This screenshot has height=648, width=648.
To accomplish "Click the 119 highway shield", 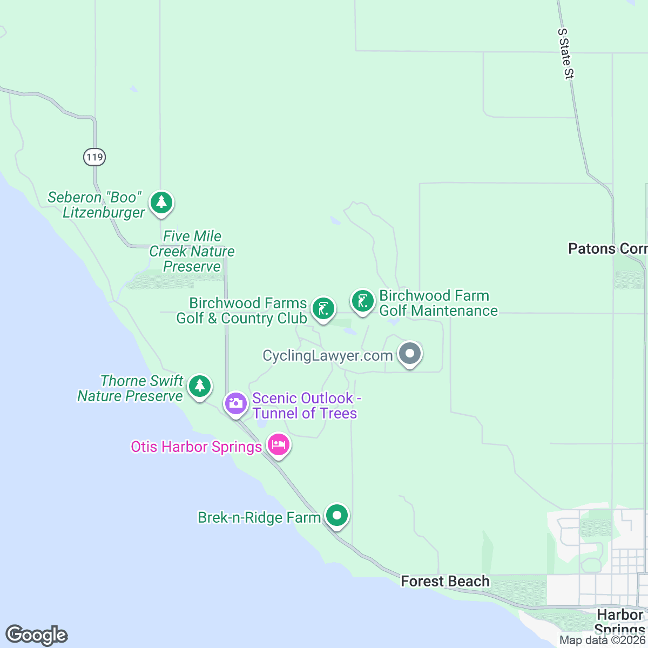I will click(94, 157).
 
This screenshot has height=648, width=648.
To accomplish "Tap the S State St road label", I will click(565, 54).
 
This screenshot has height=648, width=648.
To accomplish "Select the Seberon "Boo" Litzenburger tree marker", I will click(161, 203).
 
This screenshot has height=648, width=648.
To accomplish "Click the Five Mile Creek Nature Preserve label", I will click(192, 251).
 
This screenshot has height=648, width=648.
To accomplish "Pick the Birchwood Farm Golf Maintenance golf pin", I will click(363, 301).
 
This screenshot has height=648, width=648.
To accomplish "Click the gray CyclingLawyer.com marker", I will click(410, 354).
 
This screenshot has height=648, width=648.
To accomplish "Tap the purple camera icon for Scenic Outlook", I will click(236, 403).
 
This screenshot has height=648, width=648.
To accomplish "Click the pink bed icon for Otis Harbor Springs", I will click(279, 445).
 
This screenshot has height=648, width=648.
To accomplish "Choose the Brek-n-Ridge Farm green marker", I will click(337, 515).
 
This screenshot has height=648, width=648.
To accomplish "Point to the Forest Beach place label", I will click(445, 581).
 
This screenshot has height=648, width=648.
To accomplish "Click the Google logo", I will click(36, 635).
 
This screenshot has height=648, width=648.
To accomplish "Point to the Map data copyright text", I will click(602, 640).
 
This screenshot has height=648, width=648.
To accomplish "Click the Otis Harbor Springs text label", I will click(196, 447).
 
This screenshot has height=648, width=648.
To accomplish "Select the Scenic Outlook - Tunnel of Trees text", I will click(305, 406).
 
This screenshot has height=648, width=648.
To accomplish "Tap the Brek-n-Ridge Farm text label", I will click(259, 517).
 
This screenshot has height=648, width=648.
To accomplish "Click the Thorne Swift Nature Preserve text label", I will click(130, 388).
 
